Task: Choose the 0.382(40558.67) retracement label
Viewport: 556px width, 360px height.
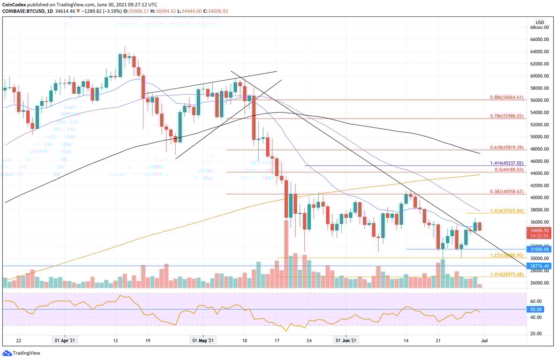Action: coord(505,192)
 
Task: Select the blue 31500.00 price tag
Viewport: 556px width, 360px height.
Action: coord(540,249)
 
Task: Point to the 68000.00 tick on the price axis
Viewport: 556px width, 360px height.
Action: coord(540,27)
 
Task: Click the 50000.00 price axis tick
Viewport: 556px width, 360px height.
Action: coord(540,137)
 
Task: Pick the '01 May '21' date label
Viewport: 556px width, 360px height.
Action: coord(203,341)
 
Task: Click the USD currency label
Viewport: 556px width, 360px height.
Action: coord(540,22)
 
